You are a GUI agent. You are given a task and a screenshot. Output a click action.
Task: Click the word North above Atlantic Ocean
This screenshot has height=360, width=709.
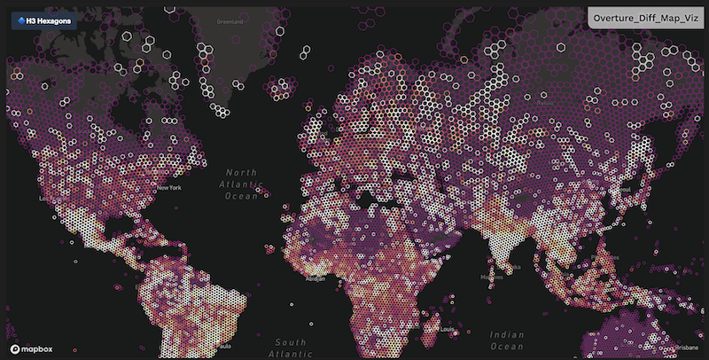(240, 172)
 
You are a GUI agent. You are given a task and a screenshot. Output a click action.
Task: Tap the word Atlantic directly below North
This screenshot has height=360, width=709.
(241, 184)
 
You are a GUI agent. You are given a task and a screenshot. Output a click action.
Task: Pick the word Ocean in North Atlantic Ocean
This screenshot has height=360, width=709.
(241, 197)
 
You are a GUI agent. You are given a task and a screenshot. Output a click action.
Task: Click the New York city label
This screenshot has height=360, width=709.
(168, 189)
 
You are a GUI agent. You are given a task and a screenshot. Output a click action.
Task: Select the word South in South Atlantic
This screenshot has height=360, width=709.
(290, 341)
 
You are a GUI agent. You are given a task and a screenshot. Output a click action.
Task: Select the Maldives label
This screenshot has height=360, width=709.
(487, 277)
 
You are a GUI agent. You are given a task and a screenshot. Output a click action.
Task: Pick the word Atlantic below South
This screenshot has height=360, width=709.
(291, 354)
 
